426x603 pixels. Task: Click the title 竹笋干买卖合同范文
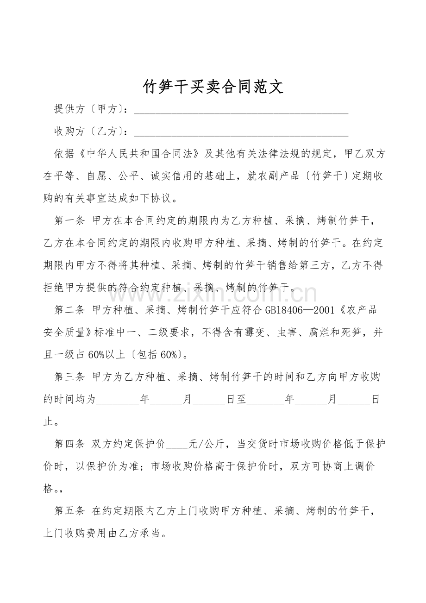[x=213, y=86]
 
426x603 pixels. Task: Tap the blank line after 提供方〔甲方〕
[x=241, y=110]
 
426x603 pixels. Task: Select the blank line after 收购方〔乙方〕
[x=241, y=133]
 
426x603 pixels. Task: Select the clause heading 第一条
[x=69, y=220]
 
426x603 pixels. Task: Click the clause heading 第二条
[x=69, y=310]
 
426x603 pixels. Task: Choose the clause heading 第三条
[x=69, y=377]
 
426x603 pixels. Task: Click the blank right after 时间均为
[x=117, y=399]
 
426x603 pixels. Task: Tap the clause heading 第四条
[x=69, y=444]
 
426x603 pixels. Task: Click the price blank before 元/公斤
[x=177, y=444]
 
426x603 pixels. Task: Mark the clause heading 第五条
[x=69, y=511]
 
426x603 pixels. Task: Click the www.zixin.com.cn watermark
[x=213, y=293]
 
